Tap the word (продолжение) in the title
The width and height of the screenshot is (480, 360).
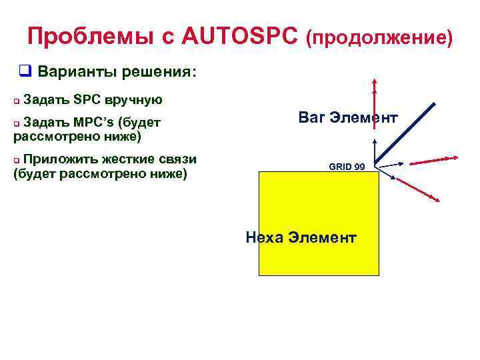pos(379,38)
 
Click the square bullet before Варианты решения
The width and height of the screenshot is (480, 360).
pos(25,71)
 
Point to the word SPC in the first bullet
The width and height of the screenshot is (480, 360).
pos(85,100)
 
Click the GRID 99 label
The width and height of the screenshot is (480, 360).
pos(347,167)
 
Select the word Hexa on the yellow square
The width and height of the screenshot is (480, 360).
pos(265,238)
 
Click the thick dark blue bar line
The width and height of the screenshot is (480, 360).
pos(407,133)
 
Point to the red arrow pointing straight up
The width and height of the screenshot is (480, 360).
pos(375,100)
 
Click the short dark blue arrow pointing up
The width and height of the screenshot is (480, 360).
pos(375,150)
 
